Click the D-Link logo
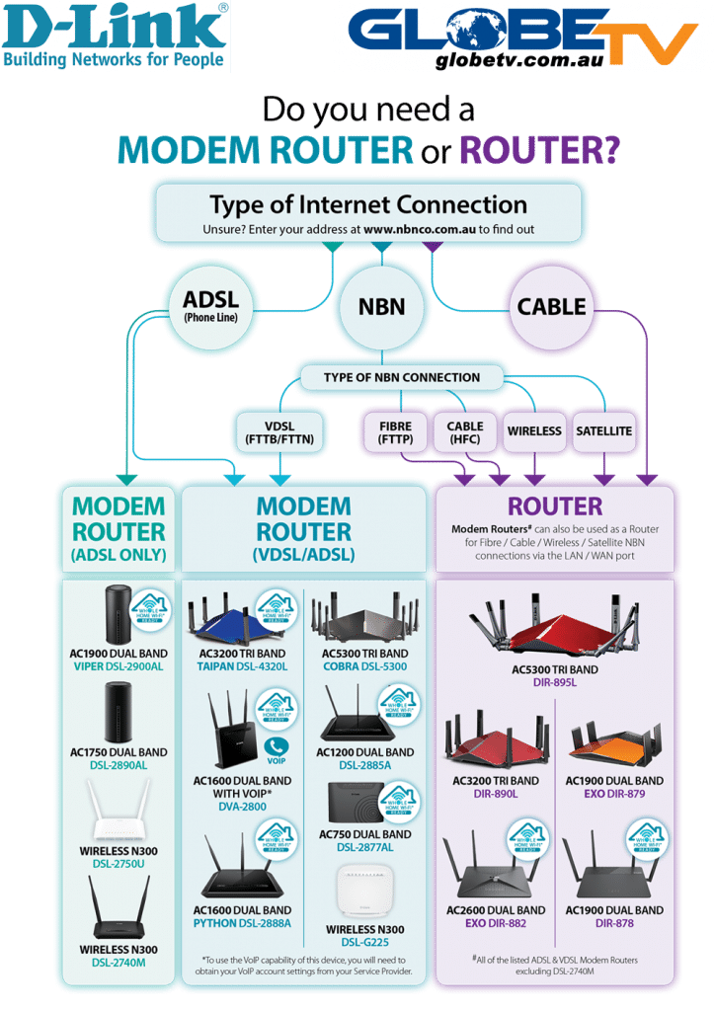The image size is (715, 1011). [x=116, y=36]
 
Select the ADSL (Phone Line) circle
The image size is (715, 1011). [x=211, y=304]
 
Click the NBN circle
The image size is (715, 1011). [x=381, y=306]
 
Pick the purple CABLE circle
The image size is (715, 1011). [x=551, y=306]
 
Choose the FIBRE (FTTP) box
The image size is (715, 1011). [x=395, y=431]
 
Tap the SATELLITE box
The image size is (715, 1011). [x=604, y=431]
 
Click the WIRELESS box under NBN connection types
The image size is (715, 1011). [x=534, y=431]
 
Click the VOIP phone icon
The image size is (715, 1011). [x=277, y=747]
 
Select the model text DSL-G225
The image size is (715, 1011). [x=365, y=943]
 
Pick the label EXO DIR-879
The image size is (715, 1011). [x=614, y=794]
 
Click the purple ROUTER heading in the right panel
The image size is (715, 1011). [x=555, y=506]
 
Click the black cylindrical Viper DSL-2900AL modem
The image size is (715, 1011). [x=119, y=614]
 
